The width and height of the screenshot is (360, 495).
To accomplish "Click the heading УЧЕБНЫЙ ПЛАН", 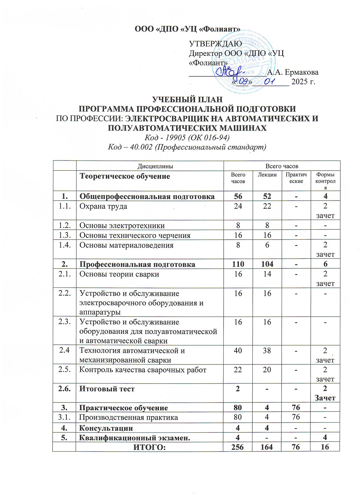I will pos(187,100).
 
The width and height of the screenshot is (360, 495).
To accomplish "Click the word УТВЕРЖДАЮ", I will pos(215,44).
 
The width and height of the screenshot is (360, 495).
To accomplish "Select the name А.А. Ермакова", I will pos(292,72).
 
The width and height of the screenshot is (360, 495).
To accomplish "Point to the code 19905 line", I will pos(187,137).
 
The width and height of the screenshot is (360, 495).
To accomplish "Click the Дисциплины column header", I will pos(150,166).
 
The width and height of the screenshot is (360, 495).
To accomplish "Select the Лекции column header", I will pos(267,175).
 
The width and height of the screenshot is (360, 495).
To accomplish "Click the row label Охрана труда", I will pos(103,207).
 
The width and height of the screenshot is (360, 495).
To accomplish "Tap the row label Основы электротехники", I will pos(122,226).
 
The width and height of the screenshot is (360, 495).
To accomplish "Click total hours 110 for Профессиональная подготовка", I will pos(238,264).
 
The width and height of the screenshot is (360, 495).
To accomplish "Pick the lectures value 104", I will pos(267,264).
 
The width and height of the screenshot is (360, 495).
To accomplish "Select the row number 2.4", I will pos(65,350).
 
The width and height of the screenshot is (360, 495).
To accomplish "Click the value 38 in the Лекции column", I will pos(267,351).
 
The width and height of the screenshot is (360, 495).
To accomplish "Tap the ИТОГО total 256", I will pos(238,447).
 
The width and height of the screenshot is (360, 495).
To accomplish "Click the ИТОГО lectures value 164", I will pos(267,447).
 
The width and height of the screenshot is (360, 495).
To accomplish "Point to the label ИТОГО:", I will pos(149,447).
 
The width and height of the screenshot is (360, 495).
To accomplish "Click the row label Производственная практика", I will pos(128,418).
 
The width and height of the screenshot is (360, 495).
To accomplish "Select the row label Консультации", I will pos(106,428).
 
